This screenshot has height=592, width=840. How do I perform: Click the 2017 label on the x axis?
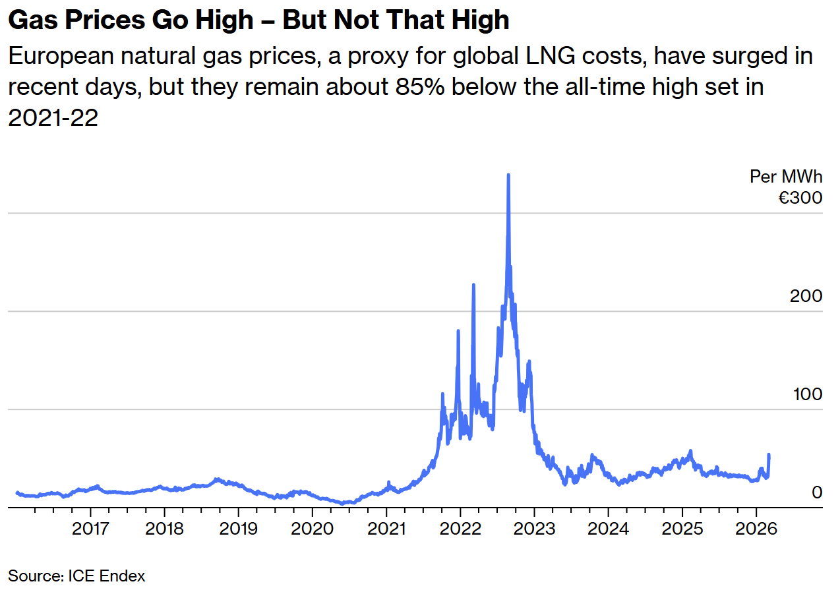90,529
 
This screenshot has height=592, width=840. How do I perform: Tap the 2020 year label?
312,529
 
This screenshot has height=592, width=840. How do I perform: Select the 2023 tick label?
534,529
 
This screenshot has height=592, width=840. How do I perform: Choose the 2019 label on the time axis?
238,529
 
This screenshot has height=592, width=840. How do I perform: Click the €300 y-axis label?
800,197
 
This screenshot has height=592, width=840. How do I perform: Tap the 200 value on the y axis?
806,296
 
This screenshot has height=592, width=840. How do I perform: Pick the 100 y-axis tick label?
806,394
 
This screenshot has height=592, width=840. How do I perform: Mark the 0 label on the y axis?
817,492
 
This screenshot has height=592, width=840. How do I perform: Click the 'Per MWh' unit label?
786,177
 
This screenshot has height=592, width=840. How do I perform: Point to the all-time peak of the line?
508,175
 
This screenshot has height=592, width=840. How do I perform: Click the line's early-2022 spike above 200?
473,285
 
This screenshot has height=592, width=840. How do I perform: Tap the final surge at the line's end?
769,455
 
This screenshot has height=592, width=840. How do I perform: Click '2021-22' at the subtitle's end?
53,117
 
